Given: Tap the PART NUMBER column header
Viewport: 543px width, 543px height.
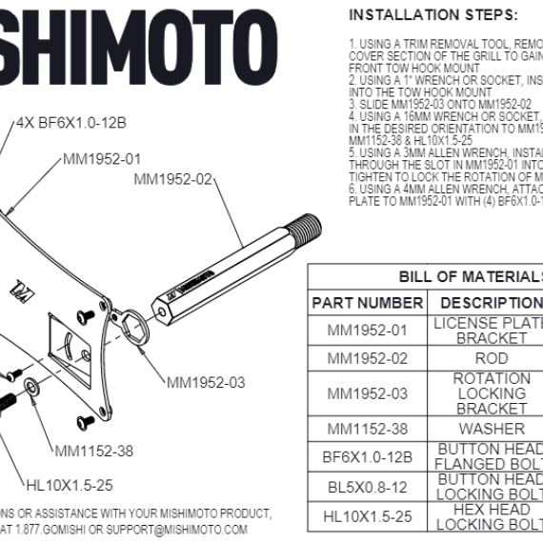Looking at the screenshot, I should (x=367, y=302).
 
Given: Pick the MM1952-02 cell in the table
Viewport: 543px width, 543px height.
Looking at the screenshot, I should (x=367, y=359).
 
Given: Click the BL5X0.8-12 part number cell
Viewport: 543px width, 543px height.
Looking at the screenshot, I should (x=367, y=488).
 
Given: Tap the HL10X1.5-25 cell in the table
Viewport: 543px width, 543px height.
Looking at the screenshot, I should (x=367, y=516).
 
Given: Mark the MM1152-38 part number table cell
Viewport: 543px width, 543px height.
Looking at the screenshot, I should (x=367, y=429).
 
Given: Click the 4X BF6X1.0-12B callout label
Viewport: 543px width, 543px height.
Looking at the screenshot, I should (x=70, y=123).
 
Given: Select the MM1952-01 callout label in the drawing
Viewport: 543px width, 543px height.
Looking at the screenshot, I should (x=102, y=158).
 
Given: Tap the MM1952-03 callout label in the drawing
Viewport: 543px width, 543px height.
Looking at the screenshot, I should (x=205, y=383).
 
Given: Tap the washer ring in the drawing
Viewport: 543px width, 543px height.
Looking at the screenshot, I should (x=32, y=386).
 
